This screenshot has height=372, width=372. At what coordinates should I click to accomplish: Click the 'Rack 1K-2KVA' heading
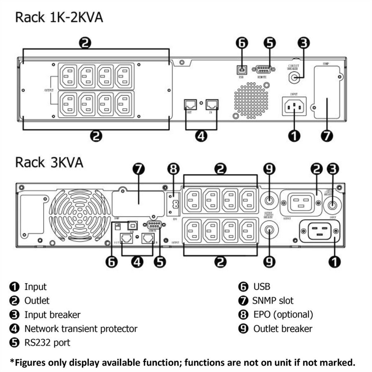pyautogui.click(x=59, y=17)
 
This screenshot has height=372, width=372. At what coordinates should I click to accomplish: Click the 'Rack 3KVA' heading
pyautogui.click(x=49, y=162)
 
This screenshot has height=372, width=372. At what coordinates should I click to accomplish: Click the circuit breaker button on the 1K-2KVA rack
pyautogui.click(x=294, y=77)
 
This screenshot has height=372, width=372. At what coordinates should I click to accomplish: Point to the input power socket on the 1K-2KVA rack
pyautogui.click(x=294, y=106)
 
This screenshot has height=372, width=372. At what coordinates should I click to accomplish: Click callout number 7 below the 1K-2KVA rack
pyautogui.click(x=327, y=135)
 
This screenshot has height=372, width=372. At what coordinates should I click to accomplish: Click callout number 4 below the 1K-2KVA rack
pyautogui.click(x=201, y=135)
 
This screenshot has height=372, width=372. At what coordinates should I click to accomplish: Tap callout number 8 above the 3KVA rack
pyautogui.click(x=173, y=169)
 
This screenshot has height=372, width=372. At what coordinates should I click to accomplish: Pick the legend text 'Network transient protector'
pyautogui.click(x=81, y=329)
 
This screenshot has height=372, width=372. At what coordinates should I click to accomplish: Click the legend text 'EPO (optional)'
pyautogui.click(x=283, y=314)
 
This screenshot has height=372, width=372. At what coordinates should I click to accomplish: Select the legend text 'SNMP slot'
pyautogui.click(x=272, y=300)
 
